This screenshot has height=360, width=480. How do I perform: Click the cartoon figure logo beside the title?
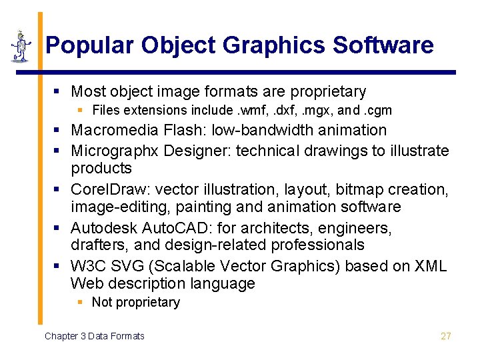21,46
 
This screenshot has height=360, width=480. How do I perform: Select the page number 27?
446,336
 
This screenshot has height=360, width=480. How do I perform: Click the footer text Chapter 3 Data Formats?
94,336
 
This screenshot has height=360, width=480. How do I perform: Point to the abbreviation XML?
430,266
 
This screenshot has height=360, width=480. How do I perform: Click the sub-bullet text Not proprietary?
136,303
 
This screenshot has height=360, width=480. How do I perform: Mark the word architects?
259,228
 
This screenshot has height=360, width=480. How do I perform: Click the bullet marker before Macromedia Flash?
60,130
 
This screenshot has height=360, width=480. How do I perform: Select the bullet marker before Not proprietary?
81,303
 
